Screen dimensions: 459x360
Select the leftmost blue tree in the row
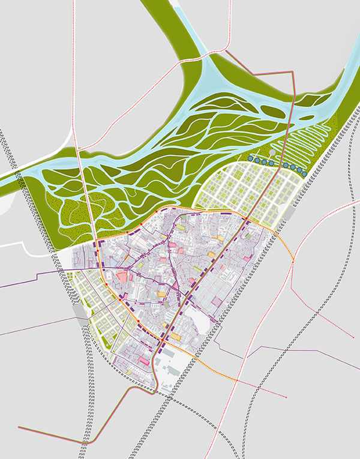250,159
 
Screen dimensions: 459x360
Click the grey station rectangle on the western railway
79,314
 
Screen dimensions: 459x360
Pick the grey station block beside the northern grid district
291,214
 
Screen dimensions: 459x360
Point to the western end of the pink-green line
19,427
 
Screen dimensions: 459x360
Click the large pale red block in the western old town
122,277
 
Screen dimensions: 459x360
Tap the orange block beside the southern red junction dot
175,338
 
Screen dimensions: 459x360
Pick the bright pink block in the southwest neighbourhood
143,360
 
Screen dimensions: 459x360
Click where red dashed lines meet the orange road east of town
292,261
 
